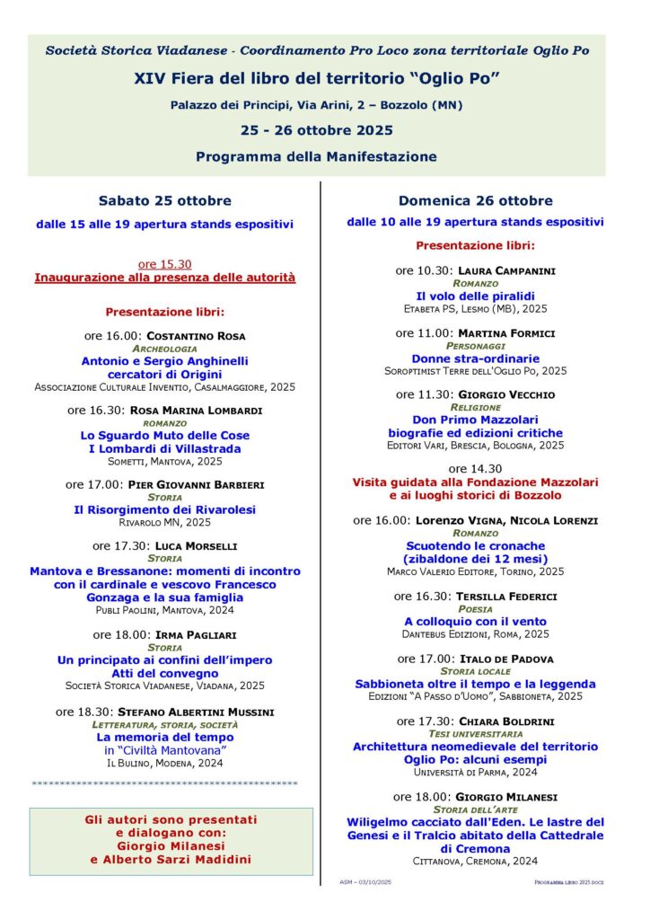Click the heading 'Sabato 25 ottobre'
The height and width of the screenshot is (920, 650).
[164, 200]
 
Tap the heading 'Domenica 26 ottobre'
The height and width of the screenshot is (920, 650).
[475, 200]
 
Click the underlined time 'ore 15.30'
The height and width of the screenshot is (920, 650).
[164, 264]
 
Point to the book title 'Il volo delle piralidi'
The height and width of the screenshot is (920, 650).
[475, 296]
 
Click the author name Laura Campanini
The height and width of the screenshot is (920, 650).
[506, 270]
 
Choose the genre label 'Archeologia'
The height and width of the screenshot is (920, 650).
[164, 348]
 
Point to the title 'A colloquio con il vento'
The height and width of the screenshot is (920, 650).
[475, 622]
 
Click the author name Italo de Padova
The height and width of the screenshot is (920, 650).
[506, 659]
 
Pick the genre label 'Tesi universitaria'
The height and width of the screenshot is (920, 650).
[475, 733]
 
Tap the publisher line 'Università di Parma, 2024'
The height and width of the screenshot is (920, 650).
[475, 772]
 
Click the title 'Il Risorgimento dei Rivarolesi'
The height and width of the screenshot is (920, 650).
[164, 509]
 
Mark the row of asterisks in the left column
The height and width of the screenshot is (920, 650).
[164, 783]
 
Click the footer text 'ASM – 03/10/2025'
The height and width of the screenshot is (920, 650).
[366, 882]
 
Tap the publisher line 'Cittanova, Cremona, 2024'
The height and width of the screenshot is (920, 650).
[475, 860]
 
